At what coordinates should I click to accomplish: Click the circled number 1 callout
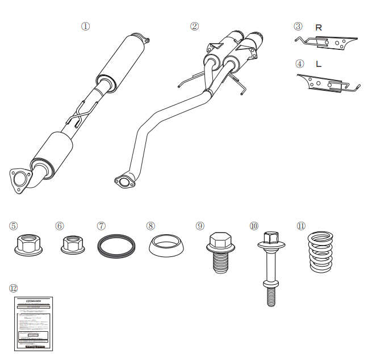pyautogui.click(x=86, y=26)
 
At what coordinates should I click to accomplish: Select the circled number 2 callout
pyautogui.click(x=195, y=26)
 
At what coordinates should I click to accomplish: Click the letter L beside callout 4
pyautogui.click(x=319, y=64)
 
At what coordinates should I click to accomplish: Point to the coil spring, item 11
pyautogui.click(x=321, y=251)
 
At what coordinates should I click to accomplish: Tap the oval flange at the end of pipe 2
pyautogui.click(x=123, y=181)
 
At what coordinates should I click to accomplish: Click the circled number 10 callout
pyautogui.click(x=253, y=226)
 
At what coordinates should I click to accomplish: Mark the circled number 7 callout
pyautogui.click(x=101, y=226)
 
